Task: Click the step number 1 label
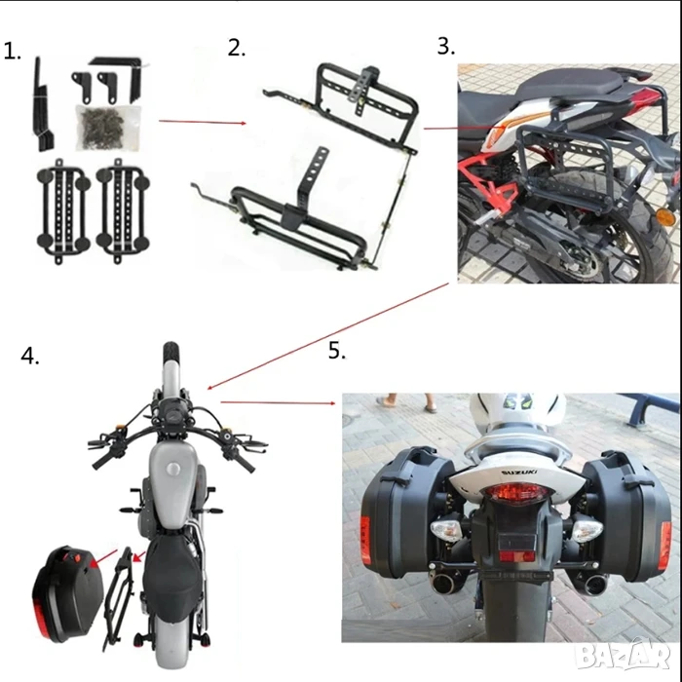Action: tap(12, 52)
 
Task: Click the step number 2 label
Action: tap(237, 48)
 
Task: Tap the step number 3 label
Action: tap(446, 46)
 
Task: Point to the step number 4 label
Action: tap(30, 356)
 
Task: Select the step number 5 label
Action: tap(337, 351)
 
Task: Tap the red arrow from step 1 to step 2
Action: tap(203, 122)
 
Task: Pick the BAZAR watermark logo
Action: tap(623, 654)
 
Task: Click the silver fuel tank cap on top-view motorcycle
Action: tap(173, 470)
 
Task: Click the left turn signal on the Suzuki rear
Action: tap(446, 531)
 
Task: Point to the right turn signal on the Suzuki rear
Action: tap(587, 530)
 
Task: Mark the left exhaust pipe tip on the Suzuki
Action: tap(445, 584)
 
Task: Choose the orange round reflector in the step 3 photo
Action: tap(663, 216)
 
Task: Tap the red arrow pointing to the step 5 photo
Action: tap(278, 402)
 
